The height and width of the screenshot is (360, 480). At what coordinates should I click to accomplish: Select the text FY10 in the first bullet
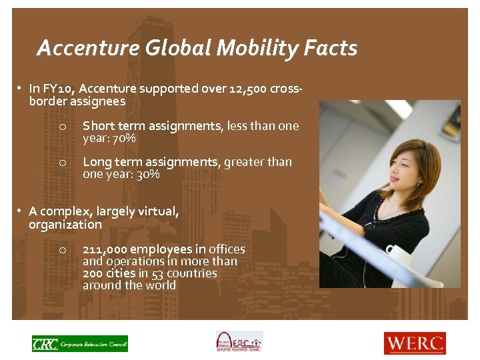[56, 88]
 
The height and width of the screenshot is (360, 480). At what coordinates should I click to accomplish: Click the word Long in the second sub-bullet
[96, 161]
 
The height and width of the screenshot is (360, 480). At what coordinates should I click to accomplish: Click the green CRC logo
[80, 343]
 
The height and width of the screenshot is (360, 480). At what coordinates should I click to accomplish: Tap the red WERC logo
[414, 343]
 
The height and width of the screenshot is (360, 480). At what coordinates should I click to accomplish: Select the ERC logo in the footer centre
[239, 341]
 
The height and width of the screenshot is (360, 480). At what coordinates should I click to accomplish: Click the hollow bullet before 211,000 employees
[61, 250]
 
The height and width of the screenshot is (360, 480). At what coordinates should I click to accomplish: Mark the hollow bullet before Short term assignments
[61, 127]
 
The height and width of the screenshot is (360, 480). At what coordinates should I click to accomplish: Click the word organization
[65, 225]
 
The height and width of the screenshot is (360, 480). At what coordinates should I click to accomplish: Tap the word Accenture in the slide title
[83, 48]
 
